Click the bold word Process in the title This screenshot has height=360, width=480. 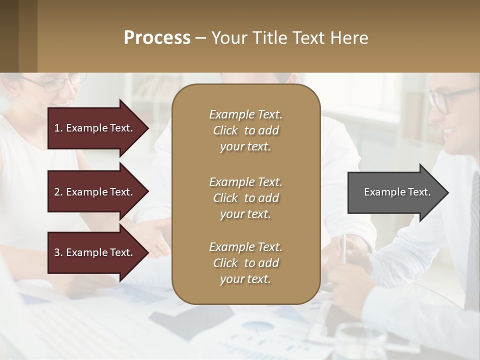click(157, 38)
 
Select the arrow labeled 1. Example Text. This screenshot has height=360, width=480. click(95, 128)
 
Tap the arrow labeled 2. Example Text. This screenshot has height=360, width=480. click(95, 192)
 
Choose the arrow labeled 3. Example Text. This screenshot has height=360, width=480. click(95, 252)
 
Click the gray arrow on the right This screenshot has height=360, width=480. click(395, 192)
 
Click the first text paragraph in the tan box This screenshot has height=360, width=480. click(245, 130)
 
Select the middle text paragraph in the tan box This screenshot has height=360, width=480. click(245, 198)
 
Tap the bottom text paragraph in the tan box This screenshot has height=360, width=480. click(245, 263)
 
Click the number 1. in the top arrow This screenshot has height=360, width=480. click(58, 128)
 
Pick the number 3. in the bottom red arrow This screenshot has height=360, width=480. click(58, 252)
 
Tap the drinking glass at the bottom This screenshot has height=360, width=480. click(357, 342)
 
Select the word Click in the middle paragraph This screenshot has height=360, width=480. click(225, 198)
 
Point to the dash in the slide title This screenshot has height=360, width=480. click(200, 38)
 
